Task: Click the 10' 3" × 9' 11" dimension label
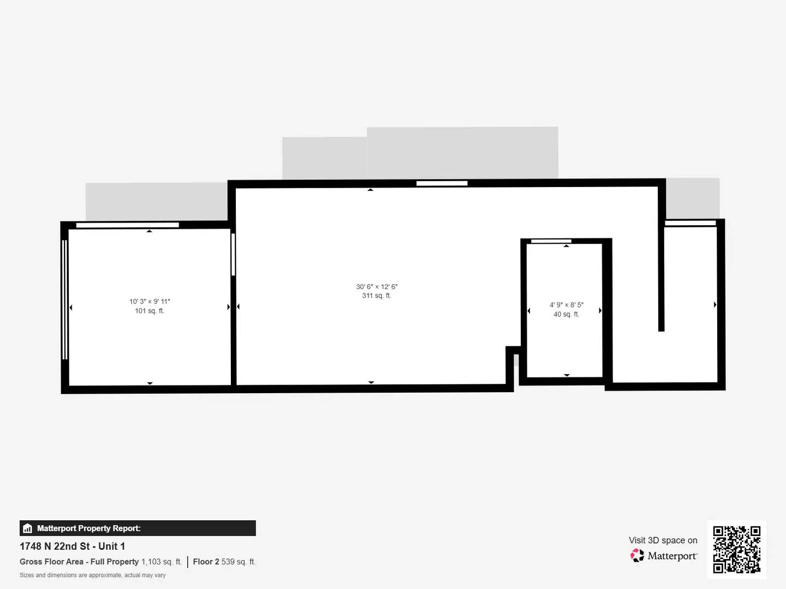pos(150,302)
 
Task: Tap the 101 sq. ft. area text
pos(150,311)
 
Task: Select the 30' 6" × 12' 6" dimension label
pos(377,287)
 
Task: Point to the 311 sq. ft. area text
pos(377,296)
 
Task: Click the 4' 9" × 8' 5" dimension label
pos(567,305)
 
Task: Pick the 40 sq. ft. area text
pos(567,314)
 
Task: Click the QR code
pos(737,549)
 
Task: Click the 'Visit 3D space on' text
pos(663,540)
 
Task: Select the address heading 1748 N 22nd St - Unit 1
pos(72,546)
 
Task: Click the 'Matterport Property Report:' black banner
pos(138,528)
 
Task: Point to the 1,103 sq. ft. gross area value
pos(162,562)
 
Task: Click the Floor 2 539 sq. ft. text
pos(224,562)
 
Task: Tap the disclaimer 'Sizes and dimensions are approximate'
pos(93,575)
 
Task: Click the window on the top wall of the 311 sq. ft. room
pos(442,183)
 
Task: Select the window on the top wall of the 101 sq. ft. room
pos(127,225)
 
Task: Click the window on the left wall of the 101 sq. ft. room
pos(65,299)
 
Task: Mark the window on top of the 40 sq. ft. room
pos(551,241)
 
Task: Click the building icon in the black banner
pos(28,528)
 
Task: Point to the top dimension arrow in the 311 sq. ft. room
pos(371,190)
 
